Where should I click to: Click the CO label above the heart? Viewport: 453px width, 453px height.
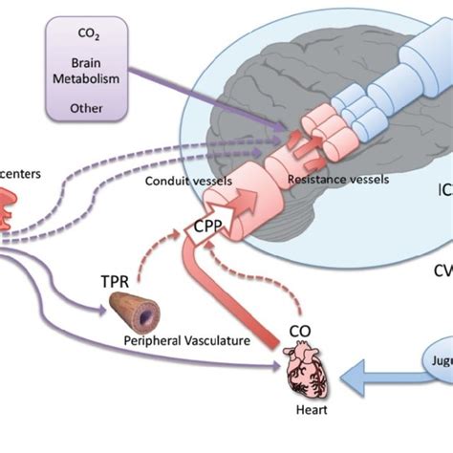pos(299,334)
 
